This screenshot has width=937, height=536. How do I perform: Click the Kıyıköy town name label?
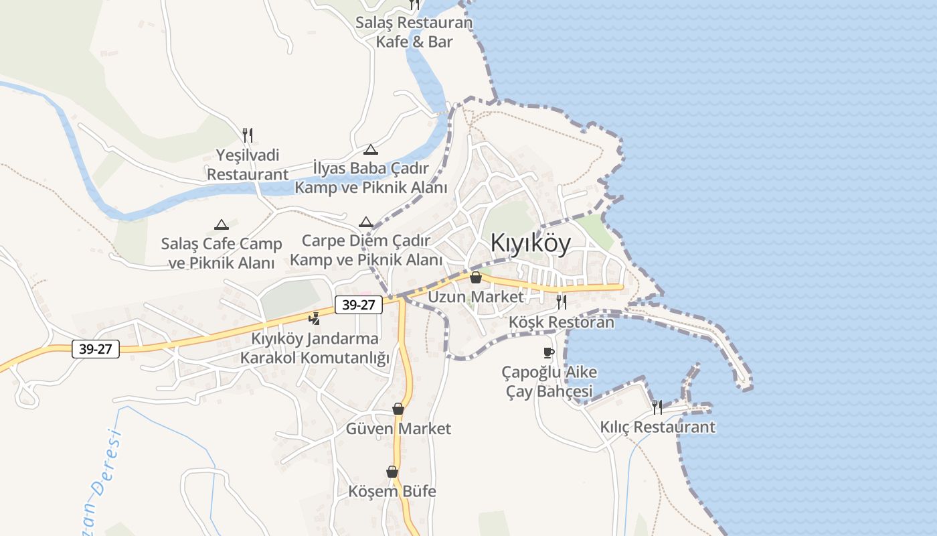click(531, 243)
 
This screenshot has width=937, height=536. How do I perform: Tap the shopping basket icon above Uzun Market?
click(476, 277)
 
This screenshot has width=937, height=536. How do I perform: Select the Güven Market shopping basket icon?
click(398, 409)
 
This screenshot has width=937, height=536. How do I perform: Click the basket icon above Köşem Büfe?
click(392, 472)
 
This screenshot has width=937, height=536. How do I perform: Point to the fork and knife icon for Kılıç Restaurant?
click(657, 407)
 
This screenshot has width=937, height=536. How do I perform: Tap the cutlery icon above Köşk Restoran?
click(561, 301)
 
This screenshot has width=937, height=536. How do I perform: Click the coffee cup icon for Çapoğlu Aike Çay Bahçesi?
click(549, 352)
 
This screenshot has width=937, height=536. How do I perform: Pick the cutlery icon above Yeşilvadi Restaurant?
click(248, 135)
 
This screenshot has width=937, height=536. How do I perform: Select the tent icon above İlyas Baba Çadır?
click(371, 149)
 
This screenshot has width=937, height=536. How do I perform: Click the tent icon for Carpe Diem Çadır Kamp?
click(365, 222)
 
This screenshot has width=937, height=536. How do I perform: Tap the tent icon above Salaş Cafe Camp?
click(221, 225)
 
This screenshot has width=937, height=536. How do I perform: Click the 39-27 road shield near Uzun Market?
click(358, 305)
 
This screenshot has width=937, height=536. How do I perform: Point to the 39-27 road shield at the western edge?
click(96, 349)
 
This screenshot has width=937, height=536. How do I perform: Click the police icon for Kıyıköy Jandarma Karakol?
click(315, 319)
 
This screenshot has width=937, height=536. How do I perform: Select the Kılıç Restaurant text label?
click(657, 427)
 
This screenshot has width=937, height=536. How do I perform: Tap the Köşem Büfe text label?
click(392, 491)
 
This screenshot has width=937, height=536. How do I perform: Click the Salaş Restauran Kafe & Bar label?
click(414, 32)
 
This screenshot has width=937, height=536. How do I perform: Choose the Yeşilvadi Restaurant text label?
click(248, 165)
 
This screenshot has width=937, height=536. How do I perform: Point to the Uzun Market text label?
click(476, 296)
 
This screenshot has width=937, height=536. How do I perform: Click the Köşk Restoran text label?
click(561, 322)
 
